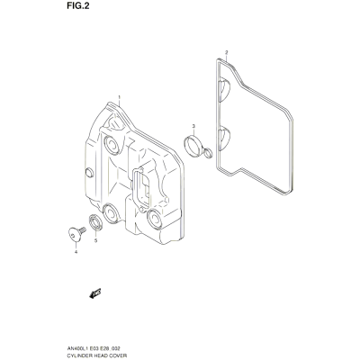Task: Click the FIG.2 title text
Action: click(78, 6)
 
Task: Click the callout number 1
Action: click(119, 97)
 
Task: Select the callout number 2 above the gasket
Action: click(227, 53)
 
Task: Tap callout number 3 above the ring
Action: click(193, 125)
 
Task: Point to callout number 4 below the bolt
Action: click(76, 252)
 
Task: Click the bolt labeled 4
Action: click(76, 234)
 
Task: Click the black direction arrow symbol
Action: click(95, 293)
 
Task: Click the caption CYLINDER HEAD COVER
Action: click(97, 355)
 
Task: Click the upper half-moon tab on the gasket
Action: click(224, 89)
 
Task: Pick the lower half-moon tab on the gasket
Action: click(224, 137)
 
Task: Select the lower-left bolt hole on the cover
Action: click(111, 213)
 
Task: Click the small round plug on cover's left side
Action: click(89, 173)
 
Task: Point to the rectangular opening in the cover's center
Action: click(141, 187)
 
